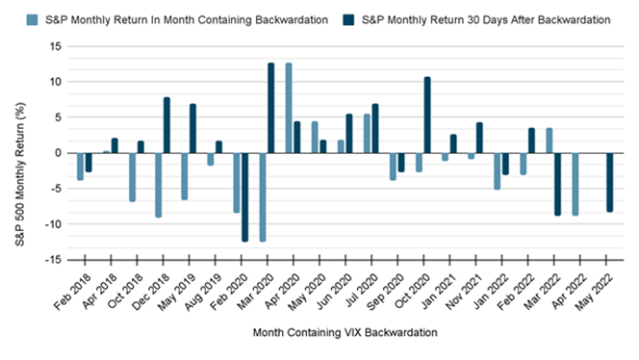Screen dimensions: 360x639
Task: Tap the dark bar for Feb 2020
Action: (x=244, y=196)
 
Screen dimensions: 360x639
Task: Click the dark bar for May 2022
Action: (x=609, y=182)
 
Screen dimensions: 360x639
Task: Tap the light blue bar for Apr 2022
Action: (x=575, y=184)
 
